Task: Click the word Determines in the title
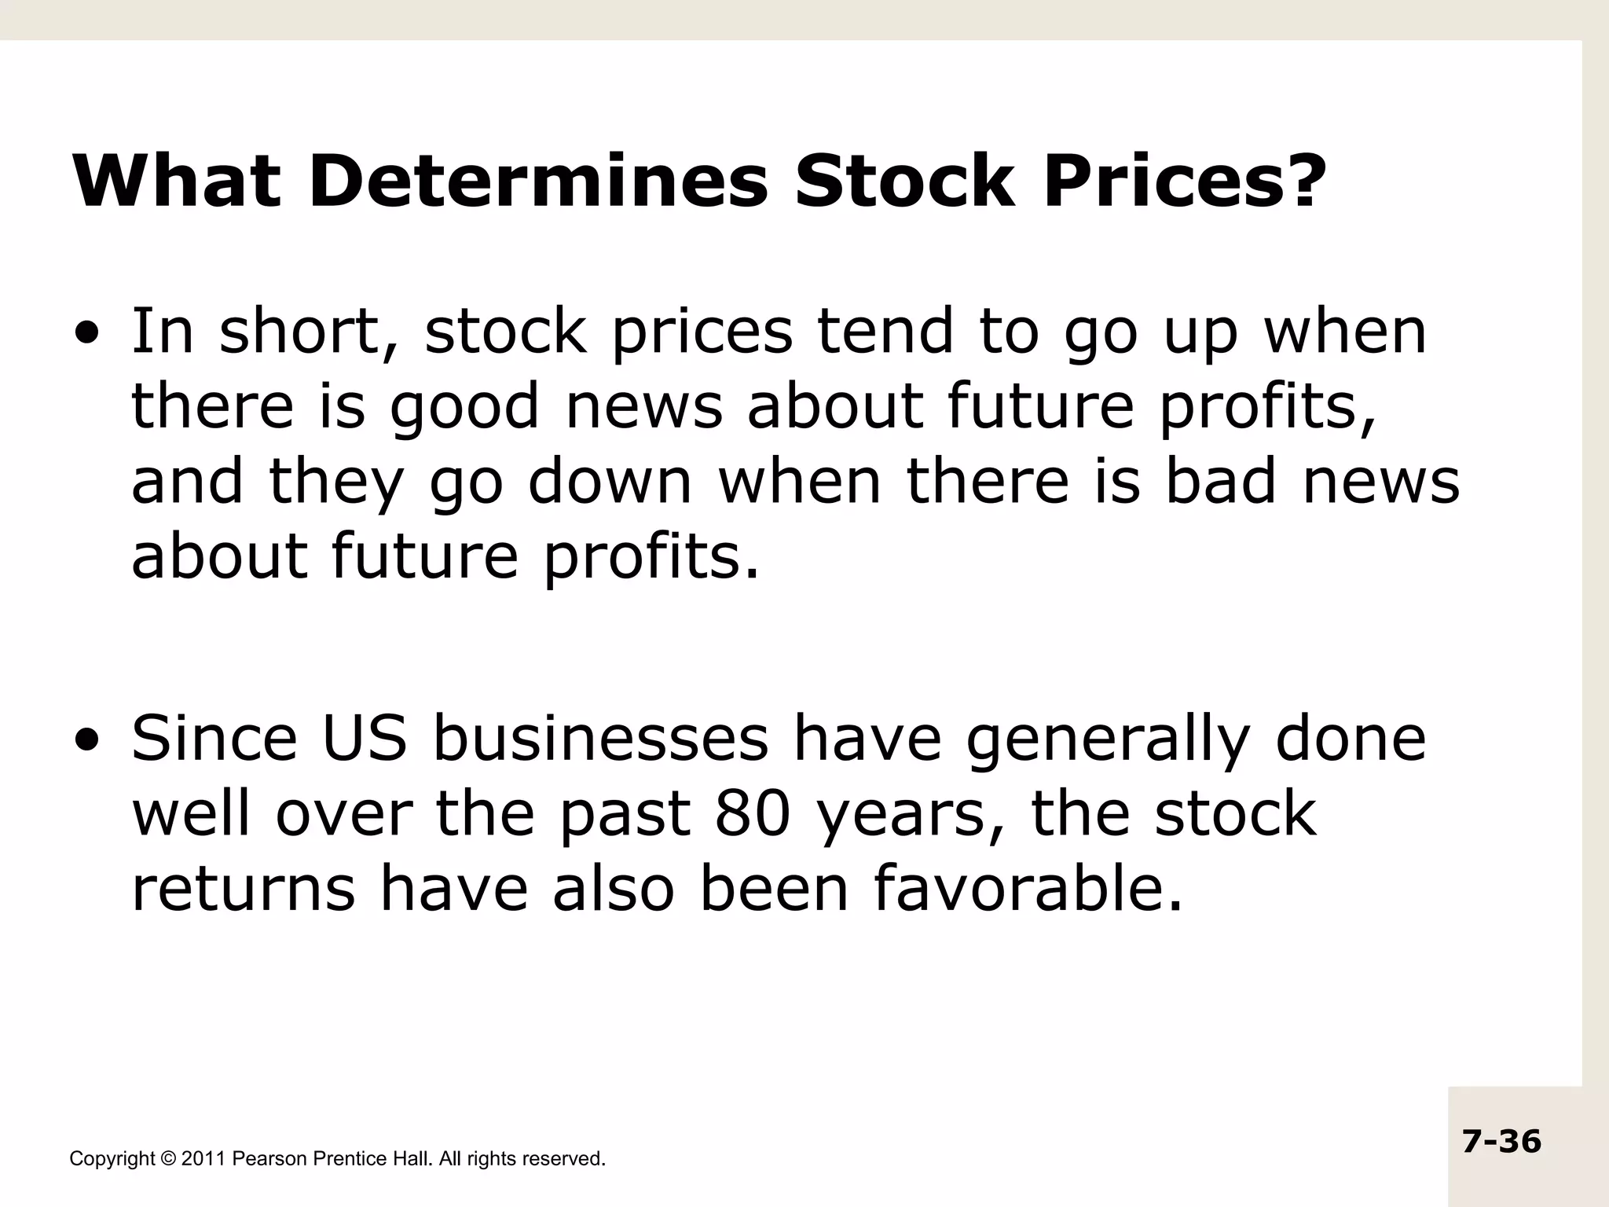coord(537,182)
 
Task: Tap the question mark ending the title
coord(1298,182)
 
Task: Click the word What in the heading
coord(176,182)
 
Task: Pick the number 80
coord(752,814)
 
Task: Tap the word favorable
coord(1028,890)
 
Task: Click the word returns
coord(243,891)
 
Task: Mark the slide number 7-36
coord(1501,1141)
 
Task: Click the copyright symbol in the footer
coord(168,1159)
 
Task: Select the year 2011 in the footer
coord(203,1159)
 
